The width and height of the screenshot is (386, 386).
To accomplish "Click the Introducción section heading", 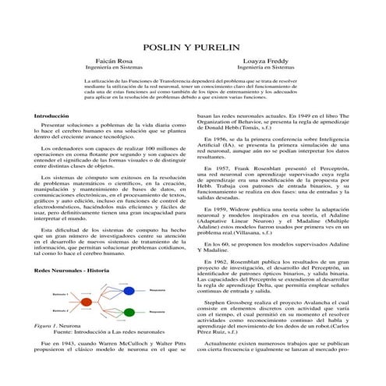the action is pyautogui.click(x=35, y=115).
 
